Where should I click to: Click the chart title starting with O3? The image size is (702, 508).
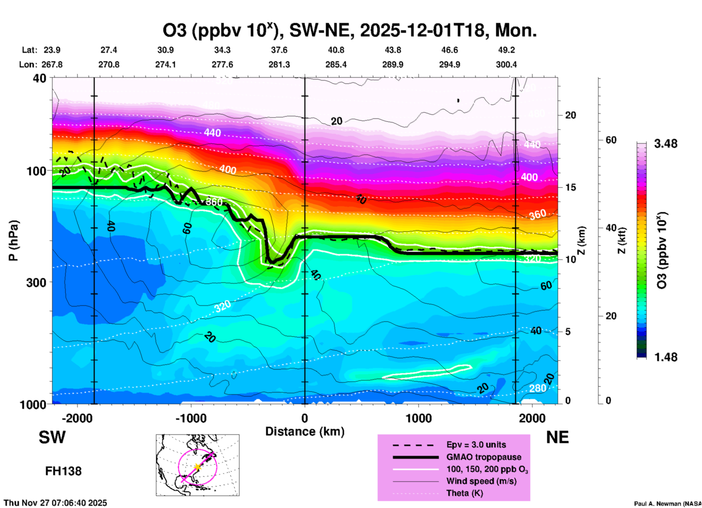(x=350, y=31)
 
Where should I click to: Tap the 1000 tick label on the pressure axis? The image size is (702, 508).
(x=35, y=405)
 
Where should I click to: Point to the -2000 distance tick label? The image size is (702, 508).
(x=77, y=418)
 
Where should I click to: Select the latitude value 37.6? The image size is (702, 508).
(x=279, y=50)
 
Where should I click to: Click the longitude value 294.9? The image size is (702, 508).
(x=449, y=65)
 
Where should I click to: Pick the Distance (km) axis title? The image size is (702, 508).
(x=305, y=431)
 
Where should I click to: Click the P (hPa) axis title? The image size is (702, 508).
(x=13, y=241)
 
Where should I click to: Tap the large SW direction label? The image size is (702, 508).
(x=52, y=437)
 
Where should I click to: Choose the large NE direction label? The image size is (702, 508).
(x=557, y=437)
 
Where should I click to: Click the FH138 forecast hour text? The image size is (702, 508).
(x=63, y=471)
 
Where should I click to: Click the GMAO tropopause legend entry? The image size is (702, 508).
(x=484, y=457)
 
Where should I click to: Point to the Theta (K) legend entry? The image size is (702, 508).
(x=464, y=493)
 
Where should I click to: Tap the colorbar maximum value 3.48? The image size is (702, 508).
(x=666, y=144)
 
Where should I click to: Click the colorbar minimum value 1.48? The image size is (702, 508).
(x=666, y=357)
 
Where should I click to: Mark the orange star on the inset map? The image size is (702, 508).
(x=198, y=466)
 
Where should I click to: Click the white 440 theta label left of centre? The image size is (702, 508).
(x=212, y=133)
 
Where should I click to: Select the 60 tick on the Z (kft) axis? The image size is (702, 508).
(x=611, y=140)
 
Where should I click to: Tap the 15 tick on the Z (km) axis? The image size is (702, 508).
(x=570, y=187)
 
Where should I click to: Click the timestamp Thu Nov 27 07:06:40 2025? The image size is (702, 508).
(x=55, y=503)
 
